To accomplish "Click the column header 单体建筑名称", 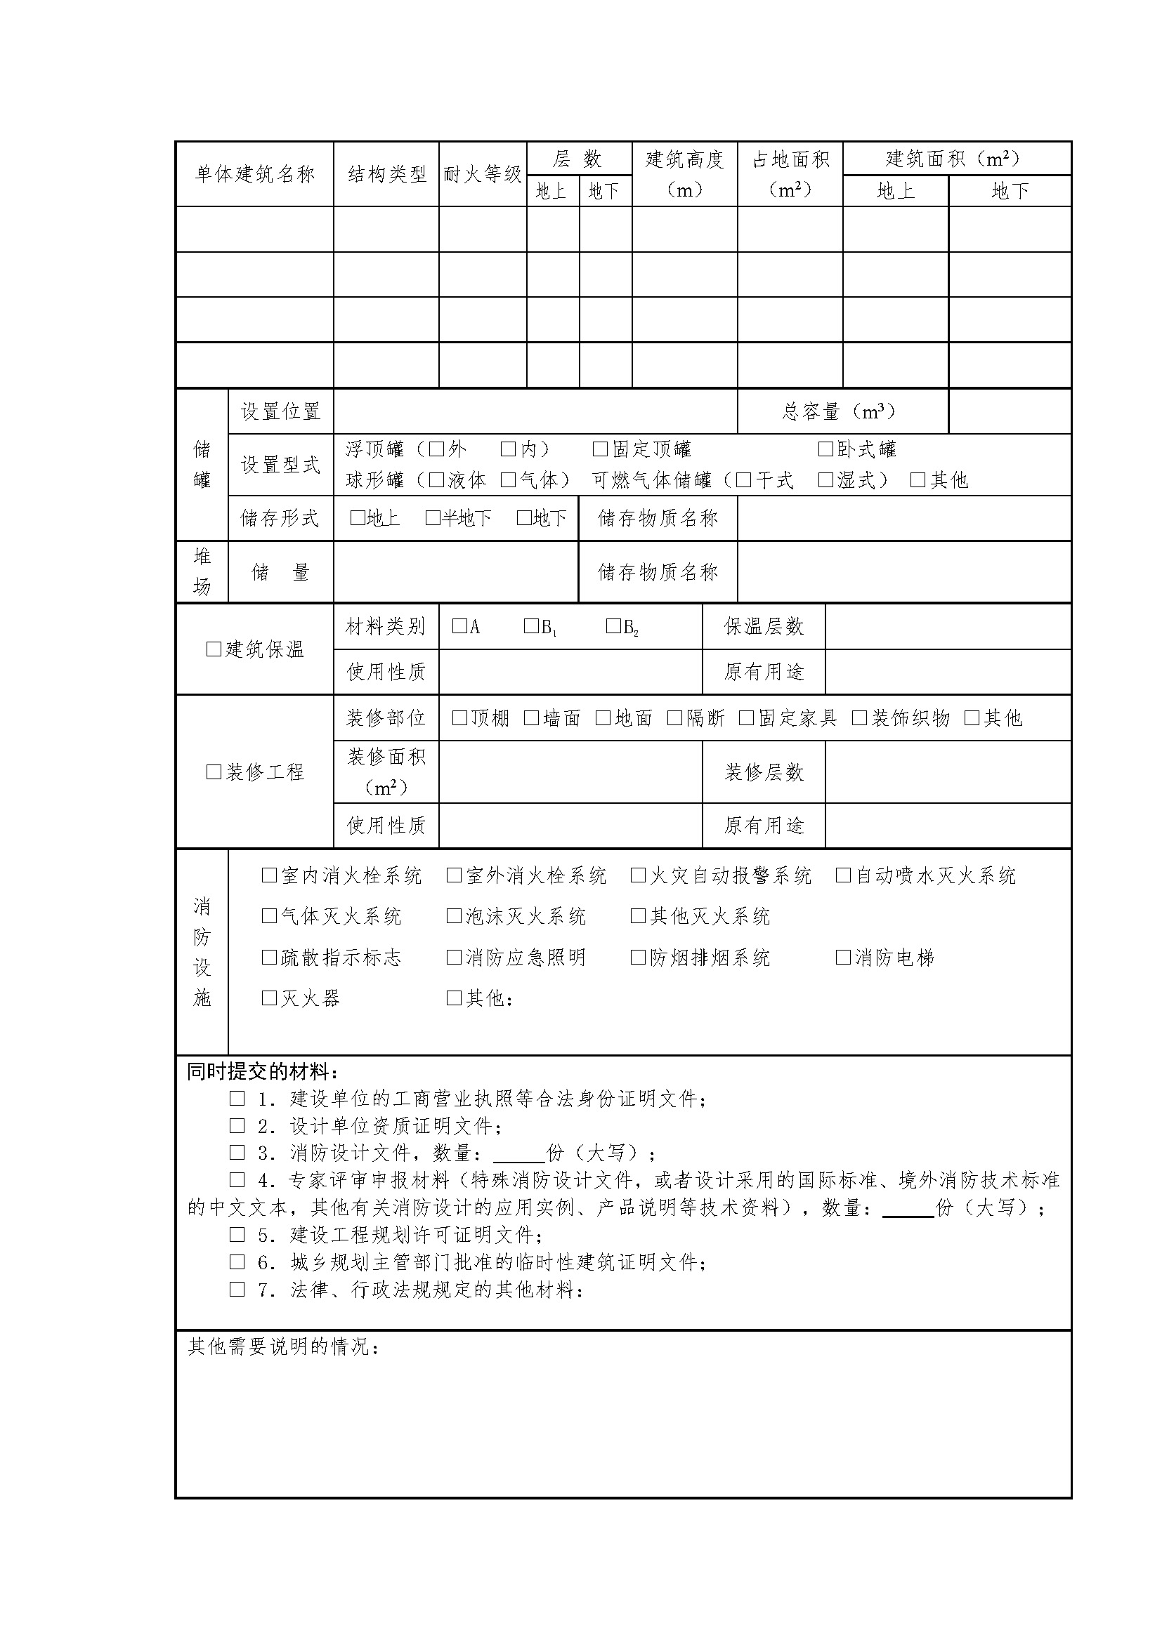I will [255, 174].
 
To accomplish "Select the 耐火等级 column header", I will [482, 174].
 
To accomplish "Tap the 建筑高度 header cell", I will [684, 174].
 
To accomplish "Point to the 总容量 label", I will [839, 411].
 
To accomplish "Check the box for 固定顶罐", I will [599, 449].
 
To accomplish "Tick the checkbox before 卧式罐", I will [825, 449].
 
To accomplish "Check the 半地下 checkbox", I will [432, 518].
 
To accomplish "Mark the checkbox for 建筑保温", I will [214, 649].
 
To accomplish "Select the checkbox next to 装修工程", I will [214, 772].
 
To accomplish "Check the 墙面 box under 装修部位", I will [531, 717].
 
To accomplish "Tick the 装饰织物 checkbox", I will [859, 717].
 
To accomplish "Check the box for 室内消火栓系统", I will [269, 875].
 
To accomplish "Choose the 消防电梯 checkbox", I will [843, 958].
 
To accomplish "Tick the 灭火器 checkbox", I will [269, 998].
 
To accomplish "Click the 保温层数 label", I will [764, 626].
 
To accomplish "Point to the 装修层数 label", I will [764, 772].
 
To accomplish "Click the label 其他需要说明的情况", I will [283, 1347].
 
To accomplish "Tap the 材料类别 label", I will [385, 626].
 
